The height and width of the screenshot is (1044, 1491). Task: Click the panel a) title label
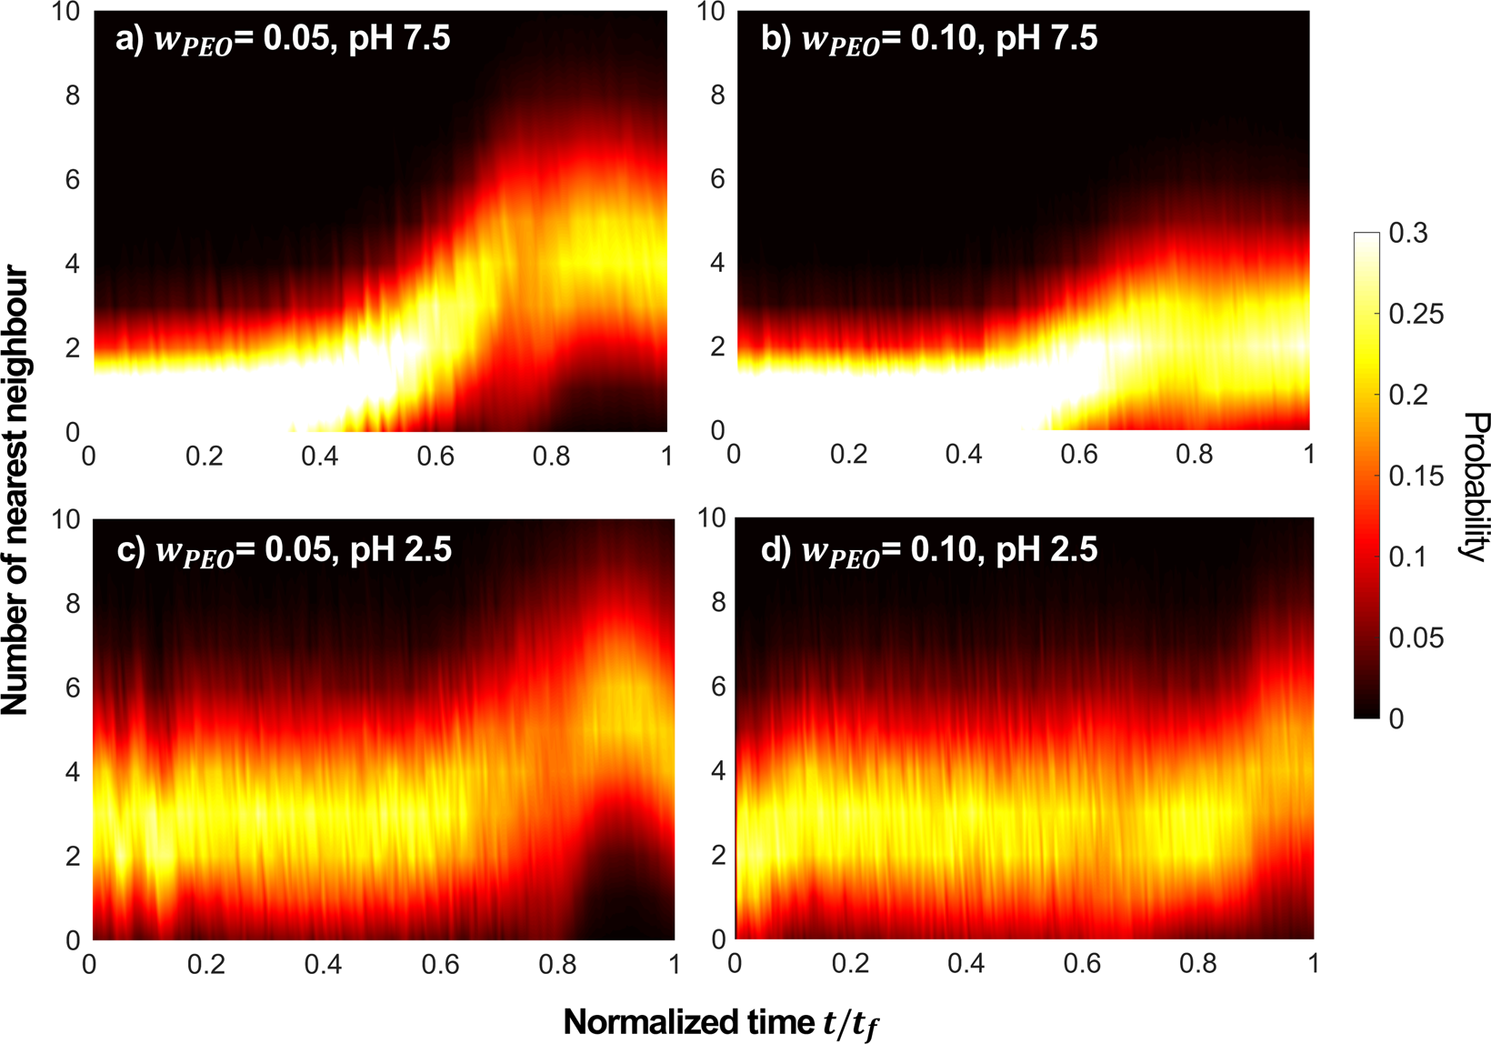point(283,40)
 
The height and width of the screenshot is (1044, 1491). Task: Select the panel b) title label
point(929,40)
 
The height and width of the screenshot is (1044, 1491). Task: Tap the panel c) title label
point(284,551)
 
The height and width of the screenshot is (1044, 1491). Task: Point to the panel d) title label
point(929,551)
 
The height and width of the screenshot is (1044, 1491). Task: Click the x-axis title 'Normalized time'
point(721,1023)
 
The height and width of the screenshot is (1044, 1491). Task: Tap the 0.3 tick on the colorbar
point(1408,234)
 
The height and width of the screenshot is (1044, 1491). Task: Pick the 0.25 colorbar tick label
point(1416,315)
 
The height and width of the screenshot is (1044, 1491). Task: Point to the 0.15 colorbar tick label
point(1416,477)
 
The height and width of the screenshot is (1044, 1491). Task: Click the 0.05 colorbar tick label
point(1416,638)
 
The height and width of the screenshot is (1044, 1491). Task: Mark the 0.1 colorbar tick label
point(1408,557)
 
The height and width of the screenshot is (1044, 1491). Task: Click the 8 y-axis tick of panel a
point(73,95)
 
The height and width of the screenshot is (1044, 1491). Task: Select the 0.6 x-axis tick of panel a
point(435,455)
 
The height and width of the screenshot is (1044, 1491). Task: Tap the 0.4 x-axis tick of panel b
point(964,453)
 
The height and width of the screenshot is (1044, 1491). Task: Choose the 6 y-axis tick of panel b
point(718,179)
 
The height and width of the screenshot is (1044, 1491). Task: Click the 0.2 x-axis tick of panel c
point(206,964)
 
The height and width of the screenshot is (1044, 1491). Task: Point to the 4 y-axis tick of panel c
point(73,772)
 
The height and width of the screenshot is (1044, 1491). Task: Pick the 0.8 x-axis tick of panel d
point(1197,963)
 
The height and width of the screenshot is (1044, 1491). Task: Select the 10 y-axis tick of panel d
point(712,518)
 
